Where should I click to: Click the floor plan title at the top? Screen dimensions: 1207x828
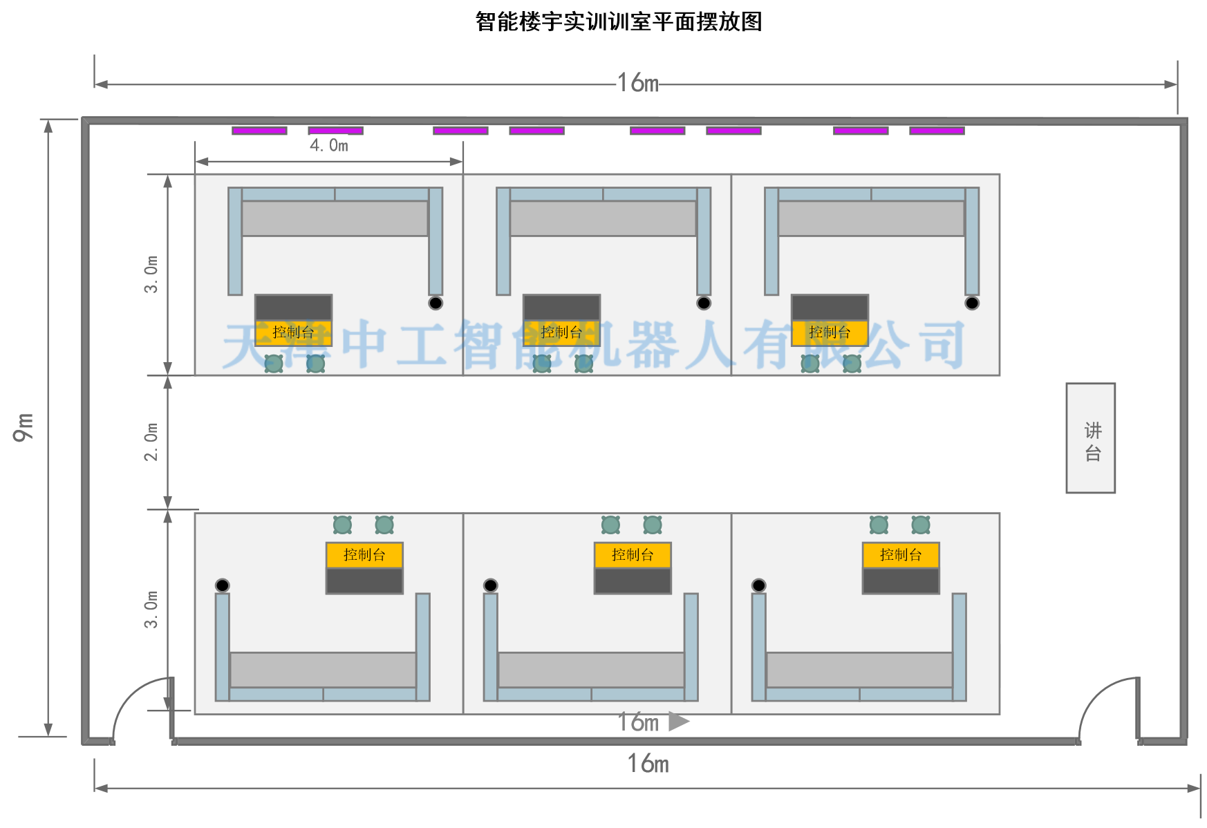point(619,22)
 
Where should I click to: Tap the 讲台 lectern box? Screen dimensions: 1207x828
point(1090,438)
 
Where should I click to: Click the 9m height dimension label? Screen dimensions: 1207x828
point(23,427)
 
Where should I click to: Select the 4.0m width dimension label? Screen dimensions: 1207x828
point(329,145)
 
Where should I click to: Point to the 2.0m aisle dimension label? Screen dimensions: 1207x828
point(151,442)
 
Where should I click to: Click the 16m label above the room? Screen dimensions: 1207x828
point(637,83)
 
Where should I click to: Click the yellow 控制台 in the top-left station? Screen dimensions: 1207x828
point(293,332)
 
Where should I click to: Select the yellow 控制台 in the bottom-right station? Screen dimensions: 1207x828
point(901,555)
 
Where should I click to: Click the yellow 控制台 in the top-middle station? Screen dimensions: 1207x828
point(561,332)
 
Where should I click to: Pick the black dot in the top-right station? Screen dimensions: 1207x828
point(972,303)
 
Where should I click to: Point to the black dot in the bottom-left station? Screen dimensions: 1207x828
point(222,585)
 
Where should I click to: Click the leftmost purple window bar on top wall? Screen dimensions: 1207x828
point(259,131)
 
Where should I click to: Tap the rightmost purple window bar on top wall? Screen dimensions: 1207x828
point(937,131)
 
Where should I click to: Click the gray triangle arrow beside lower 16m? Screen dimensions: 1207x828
point(678,722)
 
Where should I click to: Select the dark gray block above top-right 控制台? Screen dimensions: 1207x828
point(830,308)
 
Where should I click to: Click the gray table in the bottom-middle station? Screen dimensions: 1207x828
point(591,670)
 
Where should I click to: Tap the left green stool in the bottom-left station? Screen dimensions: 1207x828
point(342,525)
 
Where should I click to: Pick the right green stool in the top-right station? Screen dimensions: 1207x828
point(852,364)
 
